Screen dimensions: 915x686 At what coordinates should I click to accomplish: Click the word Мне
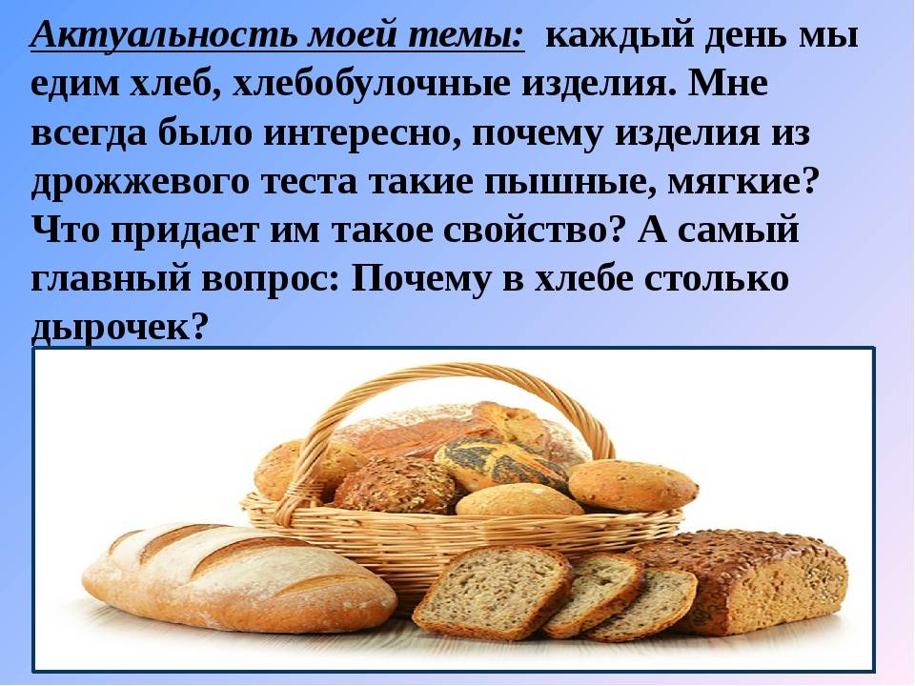(727, 84)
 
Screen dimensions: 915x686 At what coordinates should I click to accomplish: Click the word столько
(717, 276)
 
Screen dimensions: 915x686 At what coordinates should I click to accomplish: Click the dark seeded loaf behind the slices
(753, 577)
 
